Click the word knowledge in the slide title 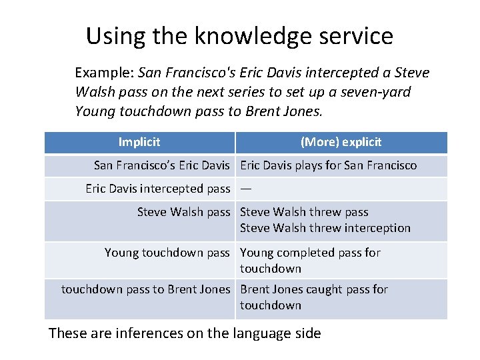point(255,36)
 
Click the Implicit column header point(139,142)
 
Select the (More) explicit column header point(341,142)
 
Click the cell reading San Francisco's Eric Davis point(161,165)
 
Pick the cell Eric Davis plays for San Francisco point(328,165)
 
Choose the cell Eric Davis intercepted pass point(157,189)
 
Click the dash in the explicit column point(246,189)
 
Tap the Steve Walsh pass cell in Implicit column point(183,212)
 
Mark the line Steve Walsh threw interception point(325,228)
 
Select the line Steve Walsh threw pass point(304,212)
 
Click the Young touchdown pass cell point(167,253)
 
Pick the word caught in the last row point(315,289)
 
